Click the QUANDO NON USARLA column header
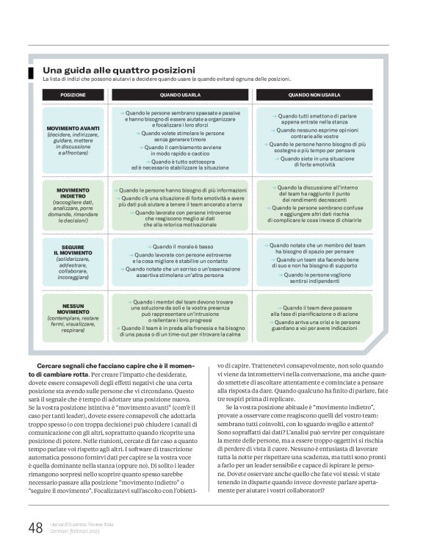(314, 95)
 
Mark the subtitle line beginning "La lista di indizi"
(167, 78)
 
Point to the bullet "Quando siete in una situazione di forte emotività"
(314, 162)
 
